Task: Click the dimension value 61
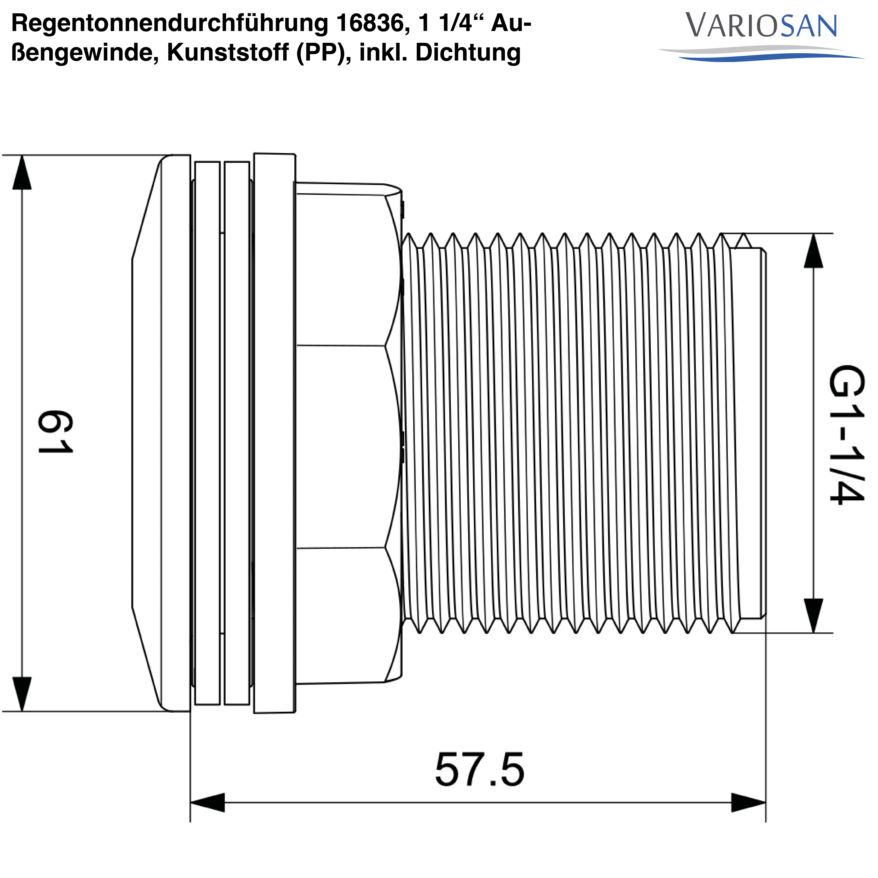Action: coord(55,432)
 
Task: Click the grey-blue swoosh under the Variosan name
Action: coord(761,54)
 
